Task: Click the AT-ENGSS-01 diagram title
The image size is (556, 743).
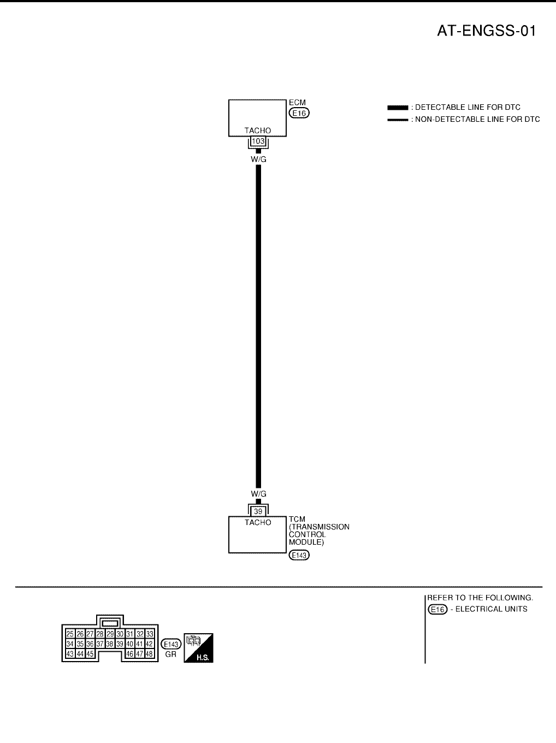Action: pyautogui.click(x=486, y=31)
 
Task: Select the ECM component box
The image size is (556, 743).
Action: pyautogui.click(x=257, y=117)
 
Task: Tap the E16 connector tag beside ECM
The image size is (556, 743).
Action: pyautogui.click(x=299, y=113)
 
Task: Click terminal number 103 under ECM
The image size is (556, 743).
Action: pyautogui.click(x=258, y=141)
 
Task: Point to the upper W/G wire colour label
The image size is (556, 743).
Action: pyautogui.click(x=258, y=159)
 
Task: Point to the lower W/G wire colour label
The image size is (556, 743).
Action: pyautogui.click(x=258, y=494)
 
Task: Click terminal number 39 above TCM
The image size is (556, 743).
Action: pyautogui.click(x=258, y=511)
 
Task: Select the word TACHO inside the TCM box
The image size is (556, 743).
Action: pyautogui.click(x=258, y=522)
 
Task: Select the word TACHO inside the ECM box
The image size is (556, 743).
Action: pyautogui.click(x=257, y=131)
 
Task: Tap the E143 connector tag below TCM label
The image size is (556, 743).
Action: pyautogui.click(x=299, y=555)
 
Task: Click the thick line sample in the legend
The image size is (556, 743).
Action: pyautogui.click(x=398, y=108)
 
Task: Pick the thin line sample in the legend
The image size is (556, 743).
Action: pyautogui.click(x=398, y=120)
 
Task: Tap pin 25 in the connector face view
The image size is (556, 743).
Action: pyautogui.click(x=70, y=634)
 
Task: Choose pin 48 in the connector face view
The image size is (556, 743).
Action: pyautogui.click(x=149, y=653)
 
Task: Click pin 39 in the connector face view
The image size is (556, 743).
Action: pyautogui.click(x=120, y=644)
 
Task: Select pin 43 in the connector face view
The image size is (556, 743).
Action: pyautogui.click(x=70, y=653)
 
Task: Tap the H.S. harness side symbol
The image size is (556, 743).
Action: pyautogui.click(x=198, y=648)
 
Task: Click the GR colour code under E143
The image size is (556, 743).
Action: pyautogui.click(x=171, y=654)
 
